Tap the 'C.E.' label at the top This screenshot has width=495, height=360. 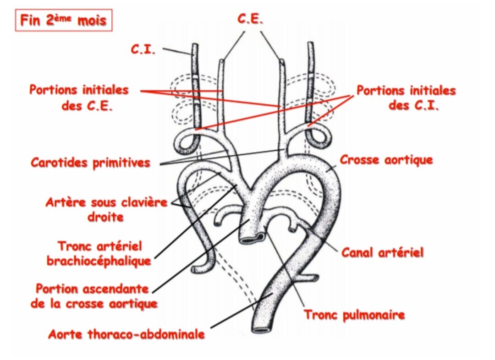(250, 19)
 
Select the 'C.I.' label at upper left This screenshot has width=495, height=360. (143, 49)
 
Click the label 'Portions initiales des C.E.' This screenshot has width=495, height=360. (79, 98)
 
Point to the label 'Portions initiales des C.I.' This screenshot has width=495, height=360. (407, 98)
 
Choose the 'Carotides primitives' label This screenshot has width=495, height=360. (91, 162)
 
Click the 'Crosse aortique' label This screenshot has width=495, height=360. (386, 160)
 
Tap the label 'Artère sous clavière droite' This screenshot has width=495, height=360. (106, 209)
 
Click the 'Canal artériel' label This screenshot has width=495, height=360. (383, 252)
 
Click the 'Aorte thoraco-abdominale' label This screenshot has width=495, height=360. (126, 334)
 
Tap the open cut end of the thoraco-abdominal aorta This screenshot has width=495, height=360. (262, 329)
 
